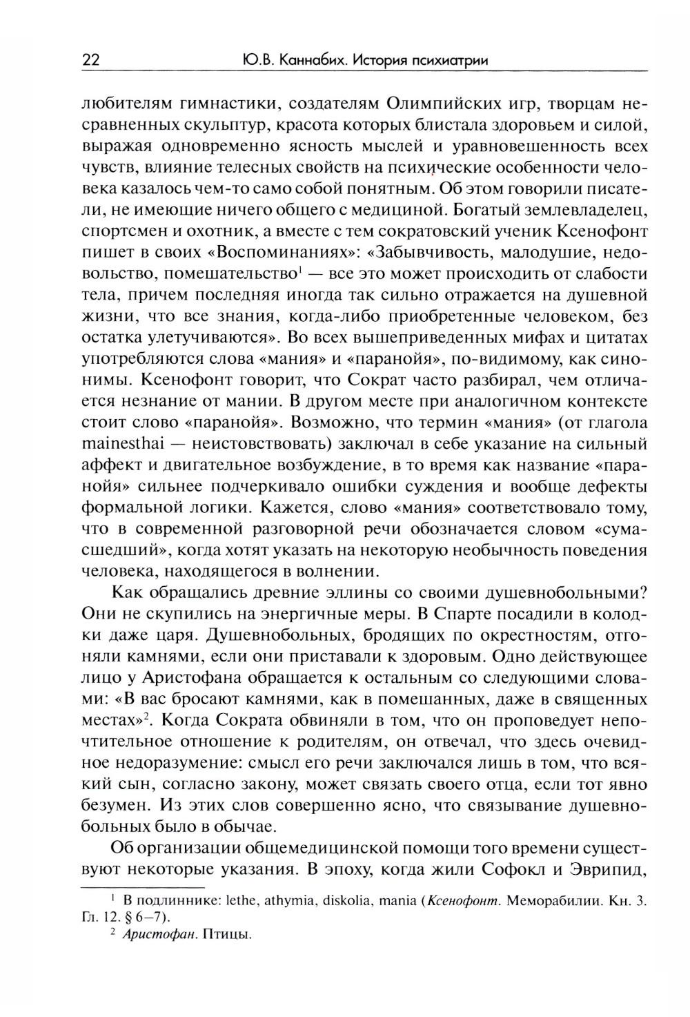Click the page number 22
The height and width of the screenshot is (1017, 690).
[x=90, y=60]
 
